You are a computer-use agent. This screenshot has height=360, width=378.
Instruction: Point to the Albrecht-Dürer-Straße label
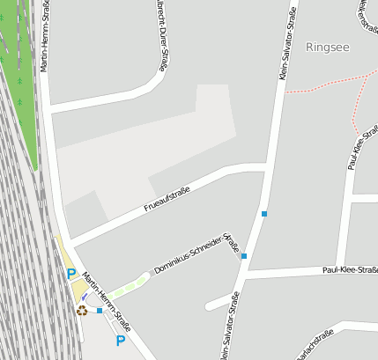click(161, 34)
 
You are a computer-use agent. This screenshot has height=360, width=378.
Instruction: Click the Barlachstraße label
click(315, 345)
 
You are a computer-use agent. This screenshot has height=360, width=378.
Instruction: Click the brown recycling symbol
click(82, 310)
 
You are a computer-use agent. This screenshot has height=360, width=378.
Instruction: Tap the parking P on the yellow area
click(71, 275)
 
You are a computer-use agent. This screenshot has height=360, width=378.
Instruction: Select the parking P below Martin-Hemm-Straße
click(121, 340)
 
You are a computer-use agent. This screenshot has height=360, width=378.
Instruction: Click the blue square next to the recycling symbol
click(100, 311)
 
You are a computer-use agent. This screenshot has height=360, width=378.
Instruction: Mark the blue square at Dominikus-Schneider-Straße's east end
click(244, 256)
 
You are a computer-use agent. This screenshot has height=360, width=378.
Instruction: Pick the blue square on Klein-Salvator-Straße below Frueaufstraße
click(263, 214)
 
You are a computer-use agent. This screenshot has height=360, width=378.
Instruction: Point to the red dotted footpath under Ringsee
click(322, 85)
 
